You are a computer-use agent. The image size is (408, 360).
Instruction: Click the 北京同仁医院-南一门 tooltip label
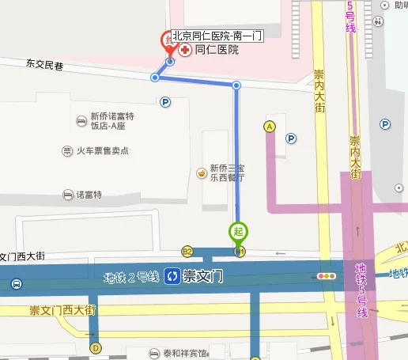(217, 35)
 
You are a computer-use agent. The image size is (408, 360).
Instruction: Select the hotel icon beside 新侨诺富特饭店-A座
(81, 121)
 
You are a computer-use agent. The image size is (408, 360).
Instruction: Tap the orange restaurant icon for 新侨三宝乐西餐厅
(202, 172)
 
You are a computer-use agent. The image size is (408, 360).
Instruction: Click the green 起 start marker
(239, 232)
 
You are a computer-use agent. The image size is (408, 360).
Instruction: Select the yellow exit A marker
(270, 126)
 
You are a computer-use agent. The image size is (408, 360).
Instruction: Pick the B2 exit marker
(188, 251)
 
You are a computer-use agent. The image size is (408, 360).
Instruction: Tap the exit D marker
(96, 347)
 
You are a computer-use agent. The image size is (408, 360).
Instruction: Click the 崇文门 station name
(204, 277)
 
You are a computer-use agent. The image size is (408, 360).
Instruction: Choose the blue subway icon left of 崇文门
(172, 277)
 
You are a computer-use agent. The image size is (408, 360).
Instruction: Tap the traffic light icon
(325, 277)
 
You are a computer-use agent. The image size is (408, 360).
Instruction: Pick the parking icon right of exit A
(291, 138)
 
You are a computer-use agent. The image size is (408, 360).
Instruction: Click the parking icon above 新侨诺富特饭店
(165, 101)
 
